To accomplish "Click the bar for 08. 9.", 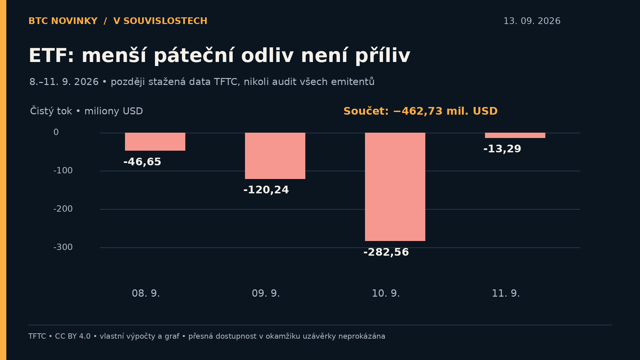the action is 155,142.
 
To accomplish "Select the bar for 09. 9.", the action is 275,156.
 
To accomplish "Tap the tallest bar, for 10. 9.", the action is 395,187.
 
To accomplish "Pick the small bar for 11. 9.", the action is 515,135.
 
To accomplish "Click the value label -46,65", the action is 142,162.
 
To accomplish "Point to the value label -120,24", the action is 266,190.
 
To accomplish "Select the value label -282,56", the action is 386,252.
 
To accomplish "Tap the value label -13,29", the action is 502,149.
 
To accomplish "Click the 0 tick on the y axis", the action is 56,132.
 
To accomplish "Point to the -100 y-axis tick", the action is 63,171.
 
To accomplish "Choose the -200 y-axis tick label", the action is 63,209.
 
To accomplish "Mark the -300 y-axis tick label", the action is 63,247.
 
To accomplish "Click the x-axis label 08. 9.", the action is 146,294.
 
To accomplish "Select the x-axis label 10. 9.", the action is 386,294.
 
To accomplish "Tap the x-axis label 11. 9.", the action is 506,294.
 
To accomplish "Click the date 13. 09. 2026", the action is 532,21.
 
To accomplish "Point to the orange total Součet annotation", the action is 421,111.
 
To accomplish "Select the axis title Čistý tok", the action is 51,111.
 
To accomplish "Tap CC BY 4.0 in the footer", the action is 73,336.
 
